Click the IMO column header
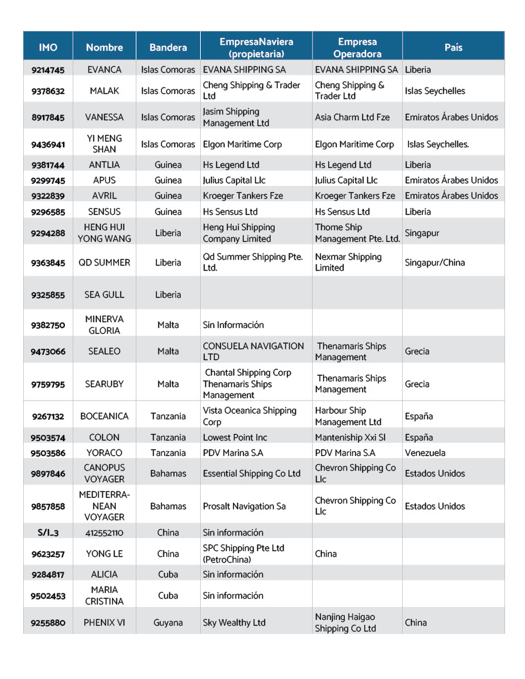48,48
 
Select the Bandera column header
168,48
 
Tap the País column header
453,48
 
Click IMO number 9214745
48,69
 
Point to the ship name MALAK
104,91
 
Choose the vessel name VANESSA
104,118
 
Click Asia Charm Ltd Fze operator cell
353,118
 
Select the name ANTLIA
104,165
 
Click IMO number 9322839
48,196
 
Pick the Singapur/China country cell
434,262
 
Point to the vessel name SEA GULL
104,295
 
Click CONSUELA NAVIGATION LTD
253,351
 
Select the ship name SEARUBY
104,384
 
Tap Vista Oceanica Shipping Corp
250,416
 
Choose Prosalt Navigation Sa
244,506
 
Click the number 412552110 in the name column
104,533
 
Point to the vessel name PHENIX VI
104,622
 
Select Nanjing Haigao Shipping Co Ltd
345,622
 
